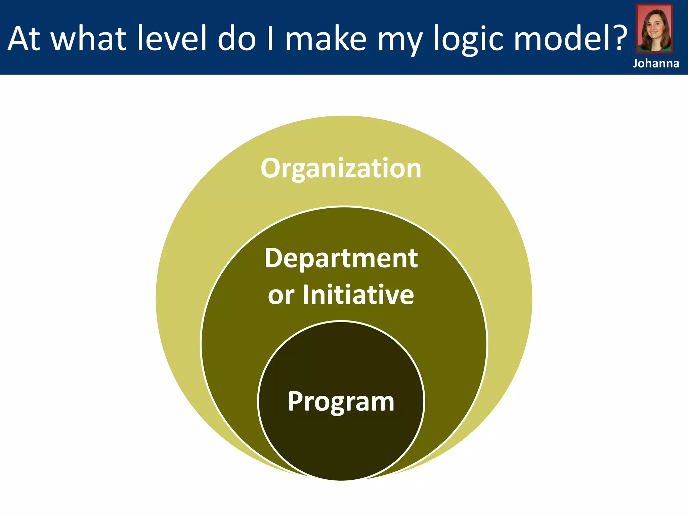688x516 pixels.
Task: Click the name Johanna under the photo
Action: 656,63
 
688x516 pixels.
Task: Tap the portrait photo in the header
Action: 654,28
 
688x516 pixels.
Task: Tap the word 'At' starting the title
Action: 24,38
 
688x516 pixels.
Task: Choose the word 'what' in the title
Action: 89,38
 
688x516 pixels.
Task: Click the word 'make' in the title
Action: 326,38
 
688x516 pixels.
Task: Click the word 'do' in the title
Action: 237,38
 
